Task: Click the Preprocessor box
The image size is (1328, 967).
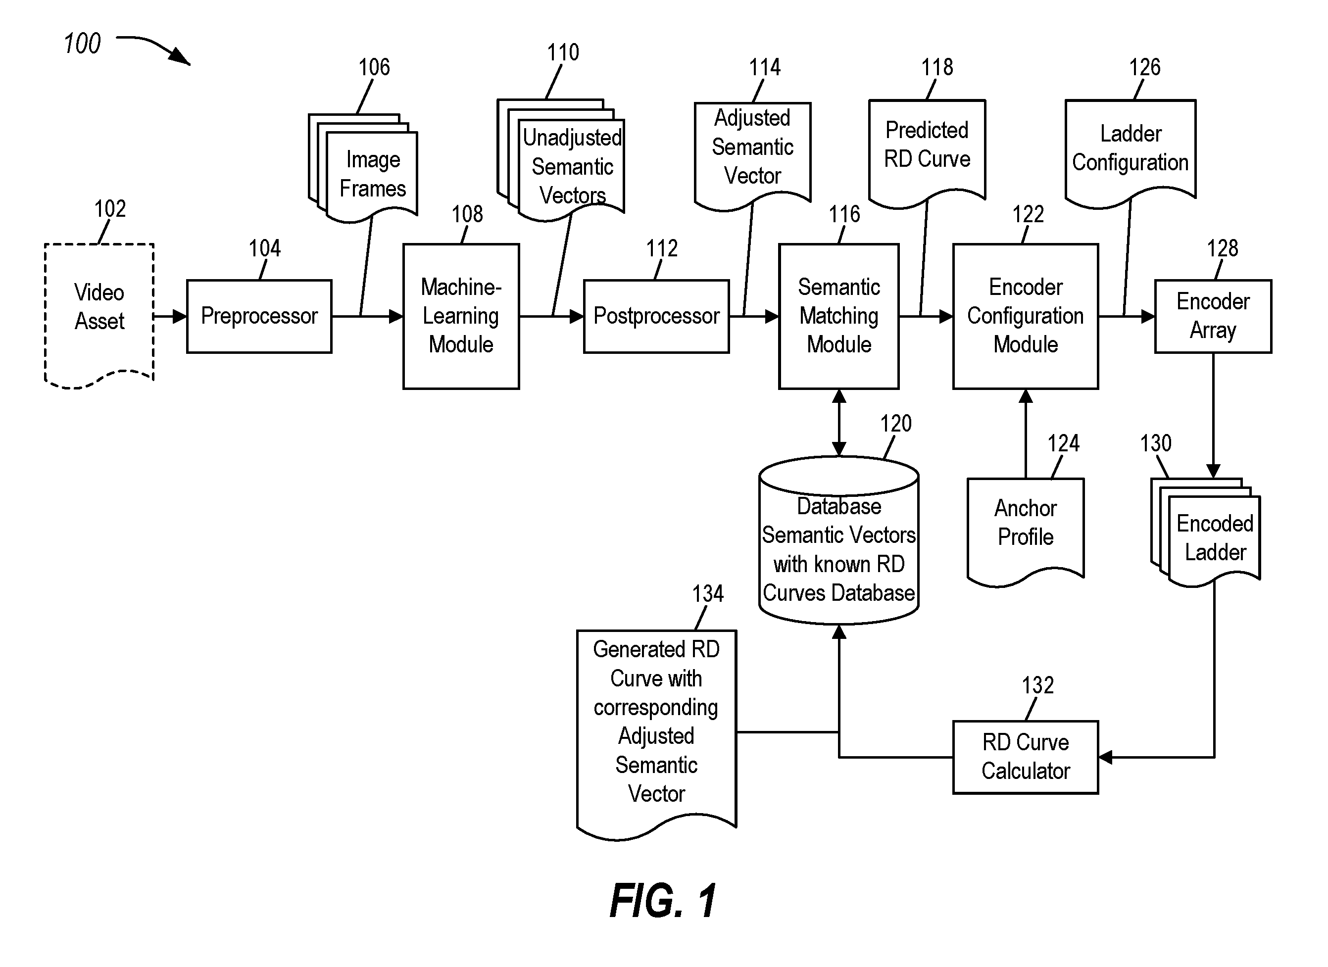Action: pos(259,316)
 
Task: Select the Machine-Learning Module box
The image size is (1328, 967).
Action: pos(461,316)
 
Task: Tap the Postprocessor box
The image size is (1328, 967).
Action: pos(656,316)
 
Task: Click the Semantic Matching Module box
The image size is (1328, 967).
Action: pos(839,316)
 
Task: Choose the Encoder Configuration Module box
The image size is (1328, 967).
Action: pos(1026,316)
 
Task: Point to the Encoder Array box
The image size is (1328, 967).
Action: pos(1213,316)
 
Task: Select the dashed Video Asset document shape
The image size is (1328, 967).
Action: pos(99,315)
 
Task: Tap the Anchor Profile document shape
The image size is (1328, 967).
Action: pos(1026,532)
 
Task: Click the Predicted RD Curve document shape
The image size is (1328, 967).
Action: pos(928,153)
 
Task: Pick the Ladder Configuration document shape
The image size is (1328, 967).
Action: pos(1131,153)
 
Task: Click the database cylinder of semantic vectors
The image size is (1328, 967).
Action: pos(839,540)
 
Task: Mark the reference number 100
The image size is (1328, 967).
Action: pos(82,44)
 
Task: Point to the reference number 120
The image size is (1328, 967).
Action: pos(896,423)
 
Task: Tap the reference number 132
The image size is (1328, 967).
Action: pos(1037,685)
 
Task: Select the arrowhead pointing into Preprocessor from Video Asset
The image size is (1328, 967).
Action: pos(180,316)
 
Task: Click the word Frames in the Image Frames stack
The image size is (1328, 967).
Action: pos(373,189)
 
